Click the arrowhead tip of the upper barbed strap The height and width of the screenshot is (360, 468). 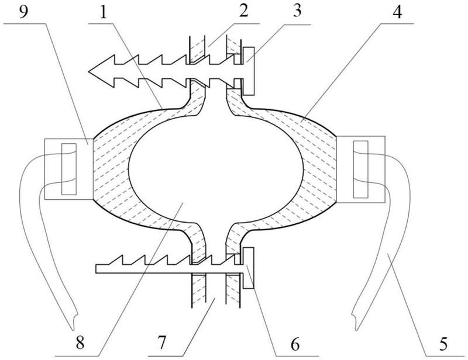(90, 72)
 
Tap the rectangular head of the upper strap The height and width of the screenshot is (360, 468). (249, 71)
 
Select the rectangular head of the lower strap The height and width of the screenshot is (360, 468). (249, 268)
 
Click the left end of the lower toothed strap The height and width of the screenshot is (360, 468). (97, 269)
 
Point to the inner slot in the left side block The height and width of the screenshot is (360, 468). (68, 168)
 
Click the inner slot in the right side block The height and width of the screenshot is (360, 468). (361, 168)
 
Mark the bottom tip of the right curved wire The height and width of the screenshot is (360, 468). (355, 323)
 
